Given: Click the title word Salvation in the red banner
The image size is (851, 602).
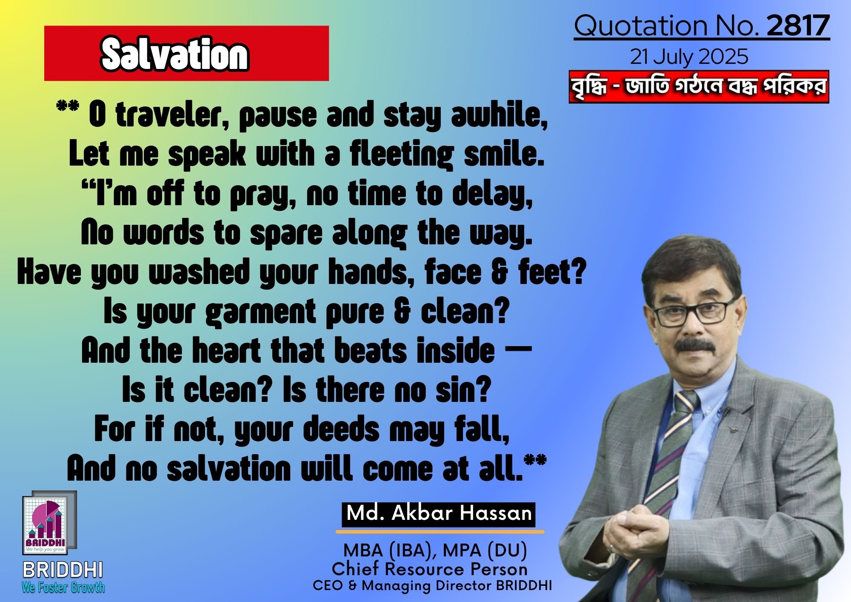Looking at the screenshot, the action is point(174,54).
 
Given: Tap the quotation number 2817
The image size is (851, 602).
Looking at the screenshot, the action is point(798,26).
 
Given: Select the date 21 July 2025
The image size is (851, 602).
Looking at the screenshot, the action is point(689,57).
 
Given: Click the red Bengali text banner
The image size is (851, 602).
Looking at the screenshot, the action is point(699,87).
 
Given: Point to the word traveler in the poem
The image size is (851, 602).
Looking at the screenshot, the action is point(172,115).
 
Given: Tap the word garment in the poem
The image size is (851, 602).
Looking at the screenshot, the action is point(260,312).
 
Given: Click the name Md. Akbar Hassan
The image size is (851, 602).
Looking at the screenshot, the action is point(439,513).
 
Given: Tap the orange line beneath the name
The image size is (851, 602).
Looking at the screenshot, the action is point(440,532).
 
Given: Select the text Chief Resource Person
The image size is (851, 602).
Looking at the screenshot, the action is point(430,569).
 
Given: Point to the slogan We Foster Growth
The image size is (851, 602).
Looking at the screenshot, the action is point(63,588).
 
